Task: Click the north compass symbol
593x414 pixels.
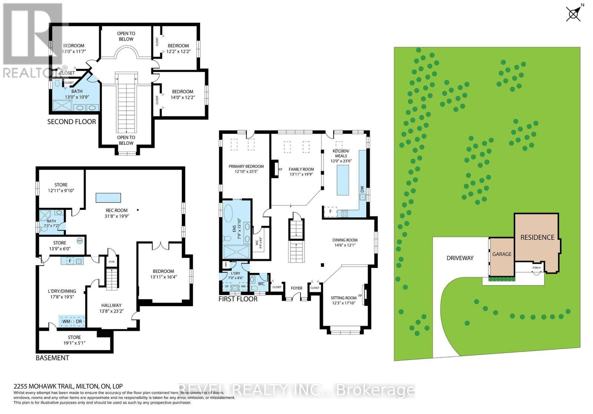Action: (x=573, y=14)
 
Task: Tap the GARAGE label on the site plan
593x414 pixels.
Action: (x=502, y=254)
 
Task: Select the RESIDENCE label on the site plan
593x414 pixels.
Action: (x=537, y=237)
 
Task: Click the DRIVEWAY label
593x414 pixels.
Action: (x=460, y=258)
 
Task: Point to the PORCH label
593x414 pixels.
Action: (x=536, y=267)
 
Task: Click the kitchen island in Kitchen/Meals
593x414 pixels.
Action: (x=343, y=180)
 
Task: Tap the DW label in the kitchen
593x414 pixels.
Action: (x=362, y=189)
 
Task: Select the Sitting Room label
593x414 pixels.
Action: (x=344, y=298)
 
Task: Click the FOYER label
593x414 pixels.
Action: (x=296, y=288)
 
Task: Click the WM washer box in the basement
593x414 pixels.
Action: (x=66, y=321)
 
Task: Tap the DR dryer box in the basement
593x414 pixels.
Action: (x=79, y=321)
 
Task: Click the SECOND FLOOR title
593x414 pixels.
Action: (x=72, y=121)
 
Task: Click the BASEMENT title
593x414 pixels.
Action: (x=52, y=358)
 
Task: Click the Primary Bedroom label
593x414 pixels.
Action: (x=246, y=166)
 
